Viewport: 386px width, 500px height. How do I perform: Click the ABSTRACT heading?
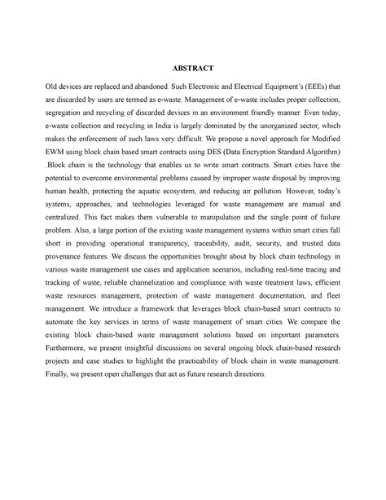pyautogui.click(x=193, y=91)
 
